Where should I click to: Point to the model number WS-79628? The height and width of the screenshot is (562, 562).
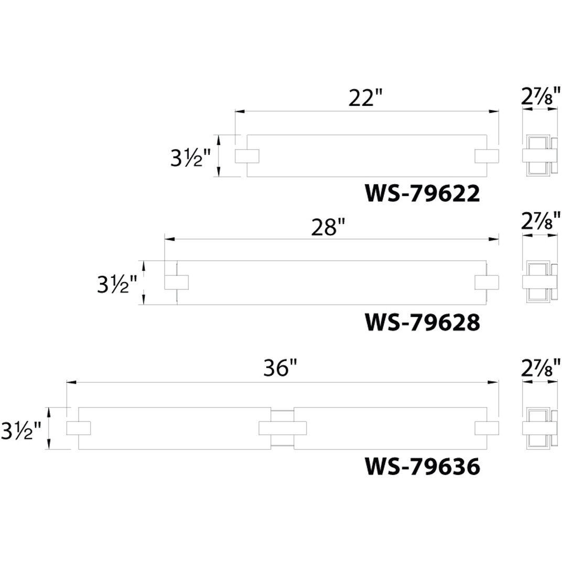[422, 322]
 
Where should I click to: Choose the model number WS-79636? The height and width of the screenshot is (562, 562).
[422, 466]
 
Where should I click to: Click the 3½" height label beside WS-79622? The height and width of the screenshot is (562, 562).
[190, 158]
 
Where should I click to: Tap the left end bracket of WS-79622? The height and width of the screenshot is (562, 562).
[246, 156]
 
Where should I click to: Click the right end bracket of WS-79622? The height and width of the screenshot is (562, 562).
[487, 156]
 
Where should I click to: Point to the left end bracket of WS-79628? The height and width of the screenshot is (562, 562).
[176, 282]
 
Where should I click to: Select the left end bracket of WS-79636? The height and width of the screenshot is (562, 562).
[79, 428]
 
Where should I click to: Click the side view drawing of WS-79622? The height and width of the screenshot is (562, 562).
[540, 156]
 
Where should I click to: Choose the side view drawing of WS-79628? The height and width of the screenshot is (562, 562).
[540, 282]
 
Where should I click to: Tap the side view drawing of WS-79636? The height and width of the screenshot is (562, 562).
[540, 428]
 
